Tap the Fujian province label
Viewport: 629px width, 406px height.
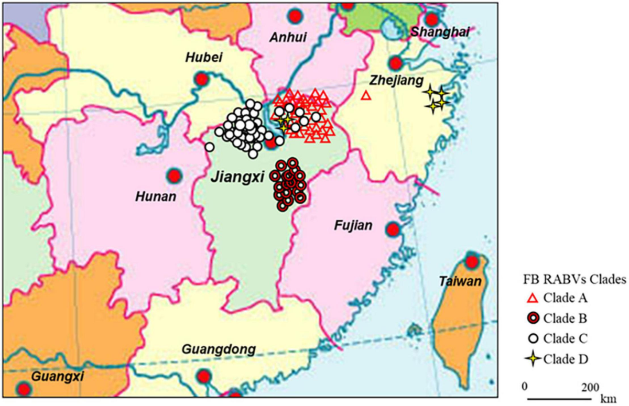click(353, 226)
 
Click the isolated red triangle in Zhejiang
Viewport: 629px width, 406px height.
click(366, 95)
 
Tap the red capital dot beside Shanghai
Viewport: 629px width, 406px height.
click(431, 19)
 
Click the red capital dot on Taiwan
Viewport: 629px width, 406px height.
click(472, 261)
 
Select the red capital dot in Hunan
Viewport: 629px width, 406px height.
click(173, 175)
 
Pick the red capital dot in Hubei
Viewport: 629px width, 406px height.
click(201, 80)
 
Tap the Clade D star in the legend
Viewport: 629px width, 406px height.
click(533, 359)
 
